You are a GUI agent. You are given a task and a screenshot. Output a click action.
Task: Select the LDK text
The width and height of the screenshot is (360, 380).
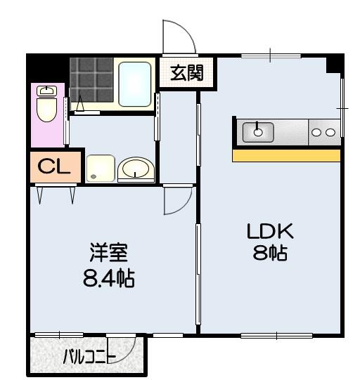[268, 231]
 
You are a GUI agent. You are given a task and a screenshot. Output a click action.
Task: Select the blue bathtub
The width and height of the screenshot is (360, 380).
[135, 84]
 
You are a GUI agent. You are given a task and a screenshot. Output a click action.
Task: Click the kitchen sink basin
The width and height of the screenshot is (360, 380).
[259, 131]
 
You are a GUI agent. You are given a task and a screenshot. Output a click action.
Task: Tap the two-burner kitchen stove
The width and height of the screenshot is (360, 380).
[324, 131]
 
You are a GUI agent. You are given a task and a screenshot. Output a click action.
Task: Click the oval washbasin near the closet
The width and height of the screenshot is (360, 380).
[136, 169]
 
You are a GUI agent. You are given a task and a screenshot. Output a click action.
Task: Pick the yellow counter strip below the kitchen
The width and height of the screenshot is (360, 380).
[286, 155]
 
